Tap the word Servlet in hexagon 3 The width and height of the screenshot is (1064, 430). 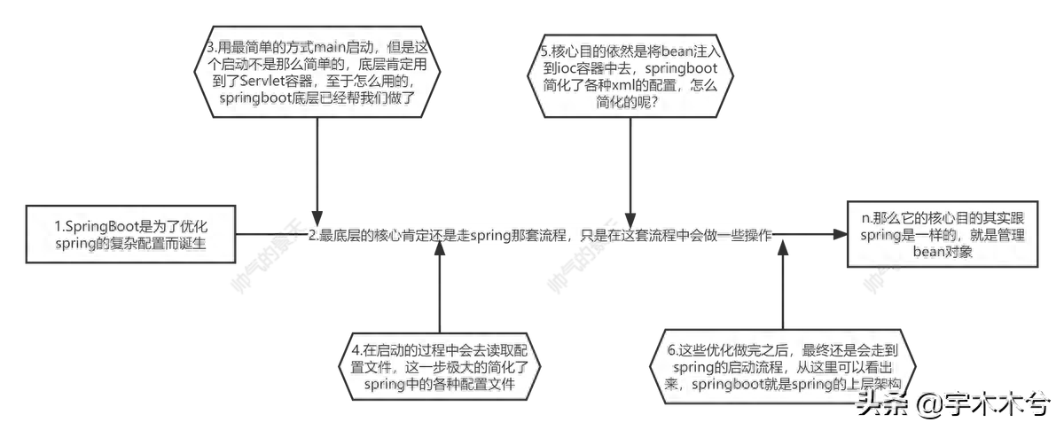click(262, 81)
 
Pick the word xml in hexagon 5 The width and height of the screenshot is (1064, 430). click(623, 85)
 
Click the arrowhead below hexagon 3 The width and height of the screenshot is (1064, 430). click(317, 218)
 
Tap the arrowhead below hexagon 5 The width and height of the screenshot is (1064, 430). click(630, 221)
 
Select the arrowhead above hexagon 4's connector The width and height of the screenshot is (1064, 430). click(440, 248)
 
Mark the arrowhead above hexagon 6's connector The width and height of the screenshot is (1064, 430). click(783, 248)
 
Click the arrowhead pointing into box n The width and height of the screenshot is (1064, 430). click(840, 234)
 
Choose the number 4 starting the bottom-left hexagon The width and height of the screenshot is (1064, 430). click(356, 350)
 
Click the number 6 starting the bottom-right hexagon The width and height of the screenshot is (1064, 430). click(671, 350)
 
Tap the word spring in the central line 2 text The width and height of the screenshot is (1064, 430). click(490, 236)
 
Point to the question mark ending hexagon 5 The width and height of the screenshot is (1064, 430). click(653, 102)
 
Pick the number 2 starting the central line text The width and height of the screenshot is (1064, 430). click(312, 235)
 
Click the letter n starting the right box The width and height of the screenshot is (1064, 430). click(865, 219)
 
